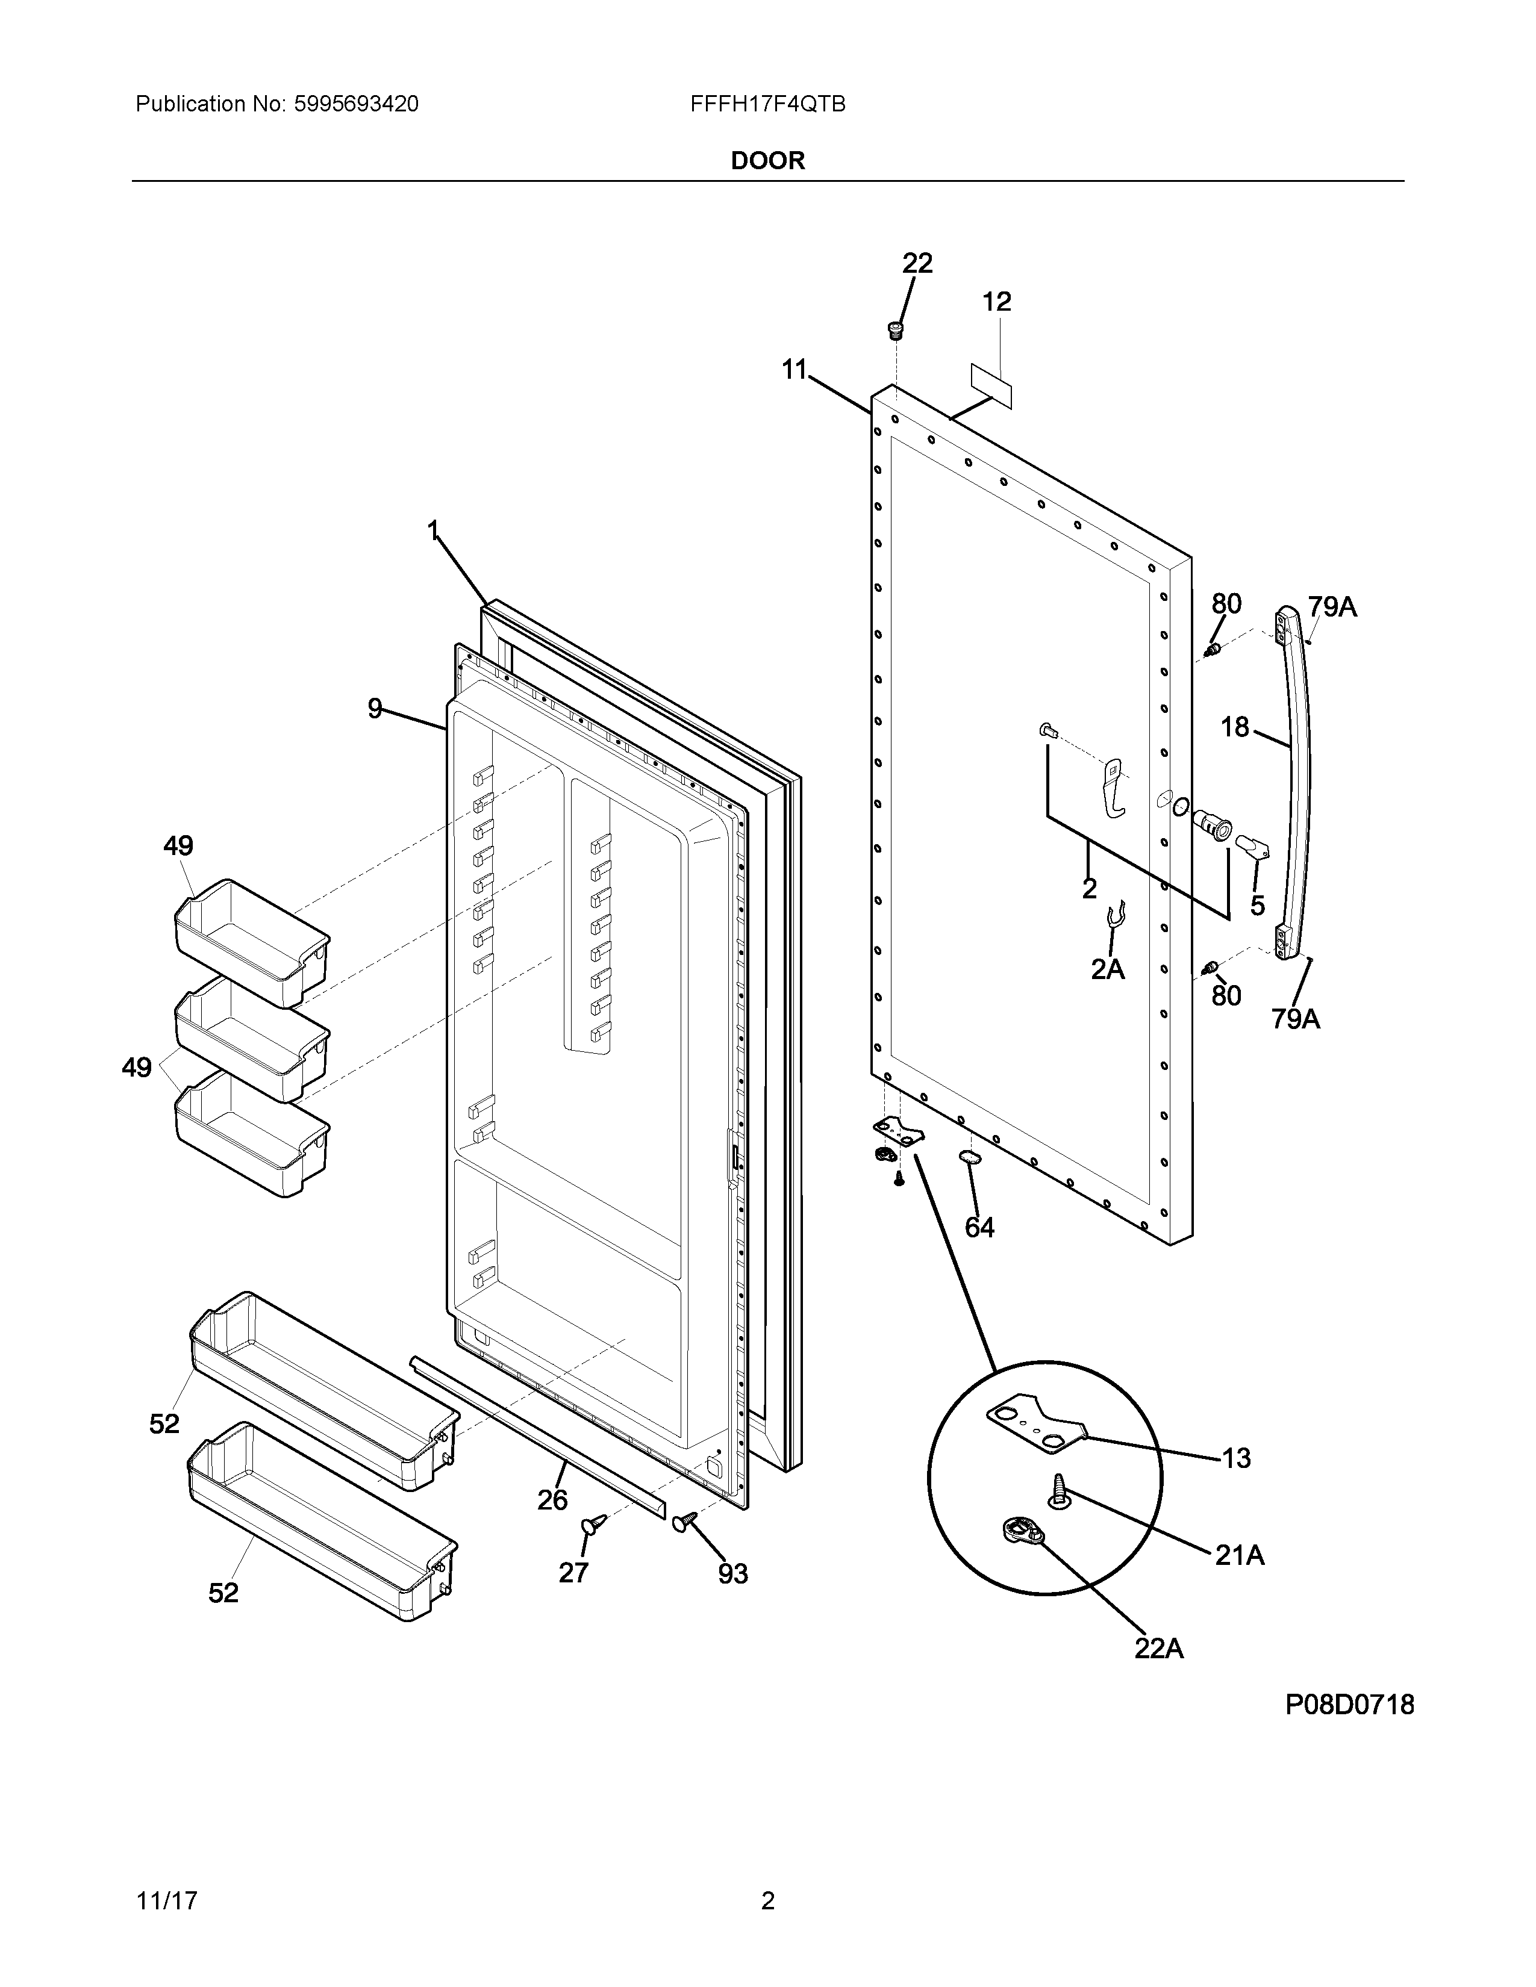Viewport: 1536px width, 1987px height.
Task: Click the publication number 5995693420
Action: [356, 105]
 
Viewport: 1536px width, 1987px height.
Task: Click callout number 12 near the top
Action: [997, 302]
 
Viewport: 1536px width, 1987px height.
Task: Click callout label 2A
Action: [1107, 970]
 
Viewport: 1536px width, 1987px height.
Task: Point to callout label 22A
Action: [1158, 1649]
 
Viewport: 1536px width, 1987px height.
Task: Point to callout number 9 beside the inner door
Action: [375, 708]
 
